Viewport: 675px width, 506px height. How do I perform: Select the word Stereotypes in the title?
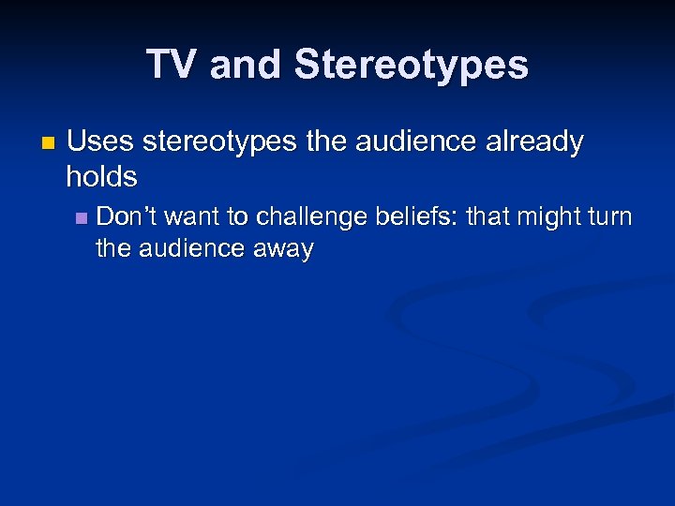tap(411, 65)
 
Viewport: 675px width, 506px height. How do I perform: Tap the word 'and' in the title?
tap(247, 65)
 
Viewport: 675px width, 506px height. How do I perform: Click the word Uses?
tap(101, 142)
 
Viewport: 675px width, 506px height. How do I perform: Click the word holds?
tap(102, 175)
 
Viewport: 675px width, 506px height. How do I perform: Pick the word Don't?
tap(127, 216)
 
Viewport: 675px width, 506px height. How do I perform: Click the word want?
tap(191, 216)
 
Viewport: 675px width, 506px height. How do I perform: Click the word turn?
tap(611, 216)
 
